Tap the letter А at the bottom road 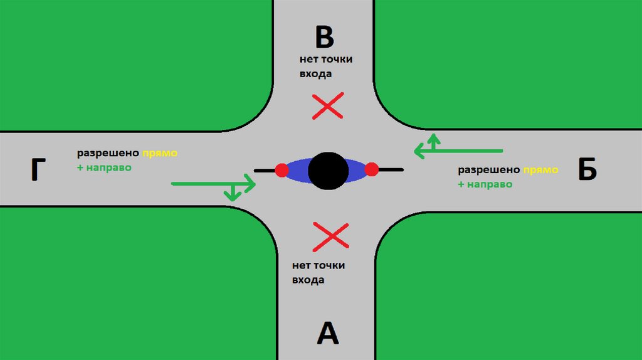click(327, 333)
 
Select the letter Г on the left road click(39, 170)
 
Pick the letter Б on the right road click(587, 169)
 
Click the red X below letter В click(328, 106)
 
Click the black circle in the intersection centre click(328, 170)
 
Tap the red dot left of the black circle click(282, 170)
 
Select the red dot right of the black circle click(372, 169)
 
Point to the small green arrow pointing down click(233, 194)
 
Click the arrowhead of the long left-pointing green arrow click(419, 151)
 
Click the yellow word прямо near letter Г click(160, 154)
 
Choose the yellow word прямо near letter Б click(540, 170)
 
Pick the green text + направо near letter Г click(105, 168)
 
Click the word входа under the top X click(315, 74)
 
